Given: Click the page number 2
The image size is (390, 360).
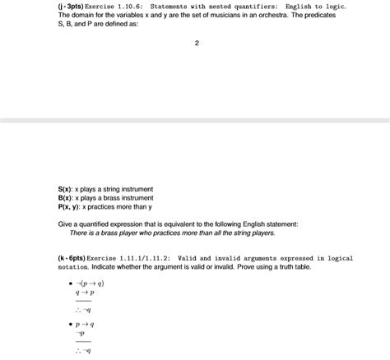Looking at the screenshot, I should pos(197,44).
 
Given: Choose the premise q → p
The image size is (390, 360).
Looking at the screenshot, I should pos(85,293).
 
